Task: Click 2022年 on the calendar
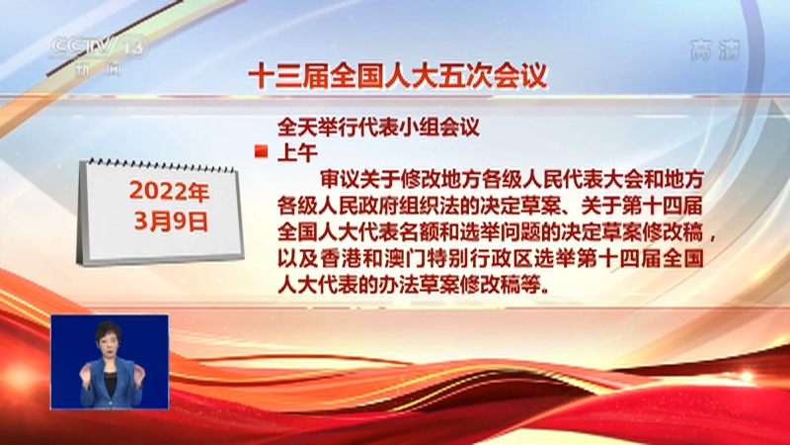[x=169, y=190]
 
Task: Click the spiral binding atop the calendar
[x=158, y=164]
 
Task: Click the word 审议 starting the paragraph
[x=338, y=179]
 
